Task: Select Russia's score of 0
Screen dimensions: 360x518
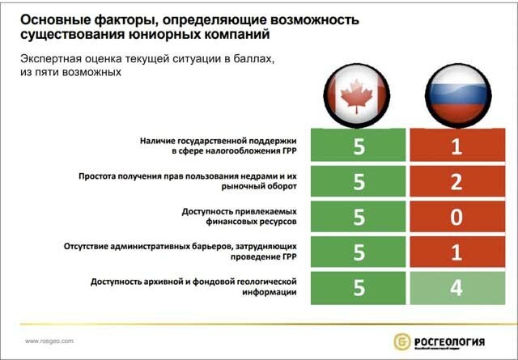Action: (x=456, y=217)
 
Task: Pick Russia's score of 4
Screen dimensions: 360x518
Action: (x=456, y=289)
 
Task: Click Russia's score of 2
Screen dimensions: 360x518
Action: (x=456, y=181)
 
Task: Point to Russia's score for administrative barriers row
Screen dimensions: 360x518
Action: (x=456, y=252)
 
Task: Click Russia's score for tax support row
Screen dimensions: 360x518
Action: (x=456, y=146)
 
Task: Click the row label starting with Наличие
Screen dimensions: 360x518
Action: (x=219, y=146)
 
